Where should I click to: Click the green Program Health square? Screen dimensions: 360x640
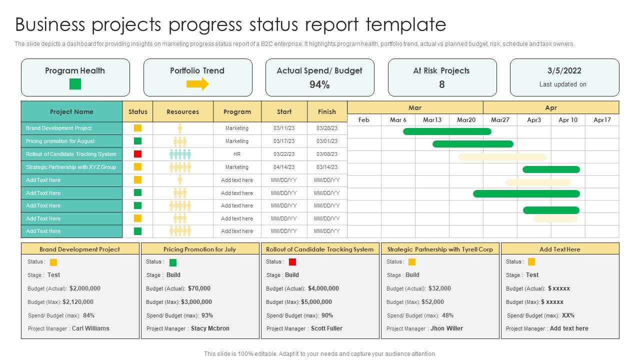75,84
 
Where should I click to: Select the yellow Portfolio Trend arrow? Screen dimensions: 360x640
197,84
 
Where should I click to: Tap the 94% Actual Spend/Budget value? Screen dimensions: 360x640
319,84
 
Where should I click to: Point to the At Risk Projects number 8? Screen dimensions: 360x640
441,84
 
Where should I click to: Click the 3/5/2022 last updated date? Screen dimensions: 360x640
564,70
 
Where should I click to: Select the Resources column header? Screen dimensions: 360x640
182,111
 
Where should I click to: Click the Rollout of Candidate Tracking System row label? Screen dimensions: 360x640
71,154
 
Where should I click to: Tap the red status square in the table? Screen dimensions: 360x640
138,154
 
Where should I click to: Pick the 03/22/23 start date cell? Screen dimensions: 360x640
284,154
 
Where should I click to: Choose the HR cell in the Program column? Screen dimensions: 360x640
237,154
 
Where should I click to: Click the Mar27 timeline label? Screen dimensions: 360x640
500,120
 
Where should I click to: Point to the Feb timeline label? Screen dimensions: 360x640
364,120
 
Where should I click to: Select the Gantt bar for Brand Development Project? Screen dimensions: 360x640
447,131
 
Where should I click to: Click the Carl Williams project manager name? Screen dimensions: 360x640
90,328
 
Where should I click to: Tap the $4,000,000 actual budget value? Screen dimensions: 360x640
323,288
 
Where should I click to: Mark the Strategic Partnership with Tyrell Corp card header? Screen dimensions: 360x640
440,249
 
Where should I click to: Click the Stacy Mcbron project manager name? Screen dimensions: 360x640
210,328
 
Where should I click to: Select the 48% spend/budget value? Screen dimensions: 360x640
447,315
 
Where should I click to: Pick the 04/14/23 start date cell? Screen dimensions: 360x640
284,167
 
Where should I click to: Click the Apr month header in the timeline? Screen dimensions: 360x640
550,107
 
